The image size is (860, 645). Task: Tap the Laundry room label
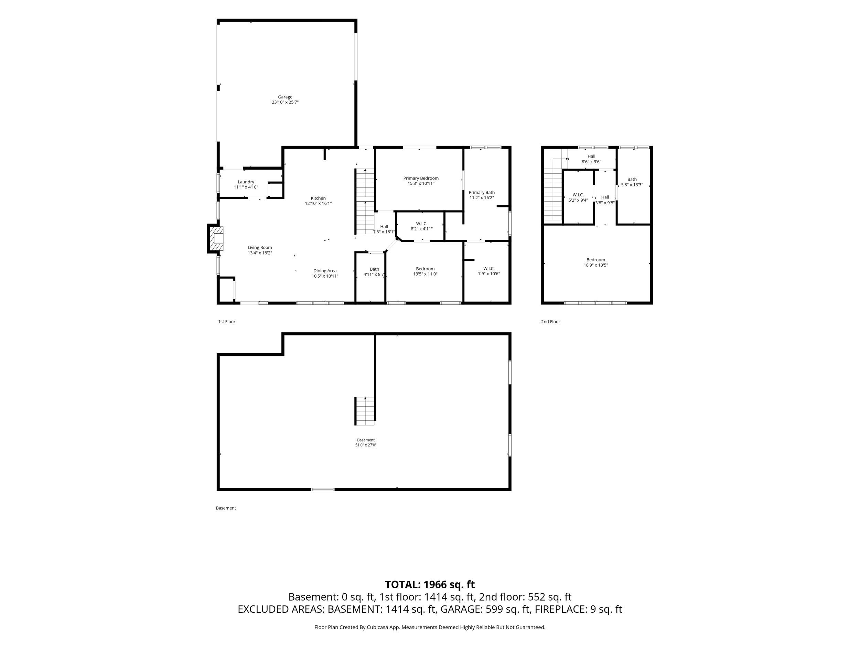[246, 182]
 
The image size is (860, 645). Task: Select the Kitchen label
[318, 198]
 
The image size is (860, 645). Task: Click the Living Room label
[260, 248]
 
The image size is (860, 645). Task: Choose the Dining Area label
[325, 271]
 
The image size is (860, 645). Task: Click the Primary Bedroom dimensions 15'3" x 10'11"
[421, 183]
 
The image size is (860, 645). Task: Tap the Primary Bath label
[482, 192]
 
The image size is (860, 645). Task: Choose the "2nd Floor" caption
[550, 322]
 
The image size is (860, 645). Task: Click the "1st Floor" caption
[227, 322]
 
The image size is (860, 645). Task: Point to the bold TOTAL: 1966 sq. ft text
[430, 585]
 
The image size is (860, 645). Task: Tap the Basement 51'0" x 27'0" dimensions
[366, 445]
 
